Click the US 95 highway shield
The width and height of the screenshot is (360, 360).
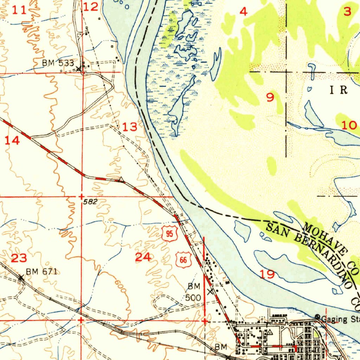[x=169, y=234]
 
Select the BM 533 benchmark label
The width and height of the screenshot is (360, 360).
[x=58, y=63]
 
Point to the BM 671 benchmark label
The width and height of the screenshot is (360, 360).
[x=41, y=271]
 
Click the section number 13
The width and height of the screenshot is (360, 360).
[x=130, y=127]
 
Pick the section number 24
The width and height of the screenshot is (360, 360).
[x=143, y=257]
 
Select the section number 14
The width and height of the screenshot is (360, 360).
[x=12, y=141]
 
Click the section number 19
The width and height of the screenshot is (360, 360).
[x=267, y=274]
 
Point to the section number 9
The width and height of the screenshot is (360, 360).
[x=270, y=97]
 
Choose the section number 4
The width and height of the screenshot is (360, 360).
[x=243, y=12]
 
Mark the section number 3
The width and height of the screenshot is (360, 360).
[x=347, y=12]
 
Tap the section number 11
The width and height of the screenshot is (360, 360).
[x=19, y=10]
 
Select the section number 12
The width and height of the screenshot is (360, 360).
[x=91, y=6]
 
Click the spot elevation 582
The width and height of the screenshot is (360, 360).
[x=90, y=202]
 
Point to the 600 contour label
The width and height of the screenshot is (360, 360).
[x=120, y=287]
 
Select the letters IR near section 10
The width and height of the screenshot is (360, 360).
[x=339, y=90]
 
